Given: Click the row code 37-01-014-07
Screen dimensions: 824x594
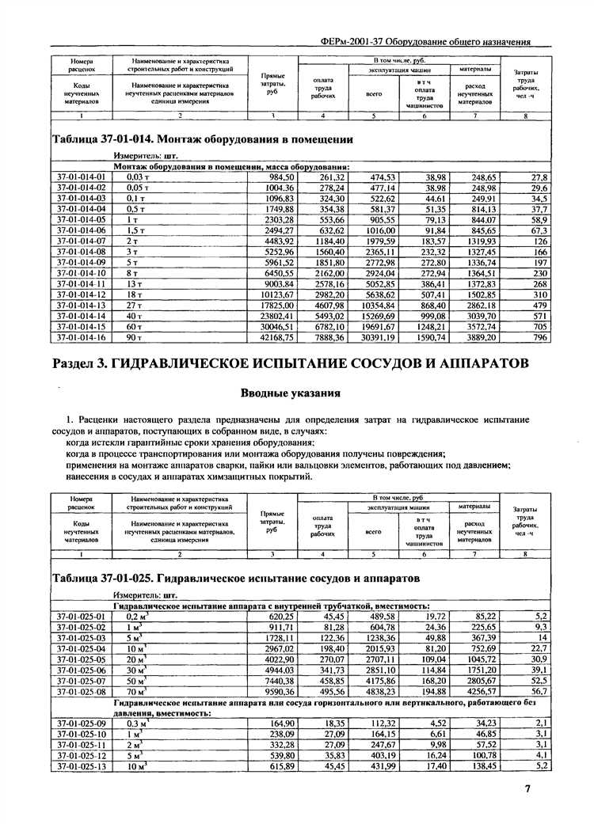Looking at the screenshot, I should point(82,241).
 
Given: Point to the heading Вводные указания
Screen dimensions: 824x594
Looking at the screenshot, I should point(290,393).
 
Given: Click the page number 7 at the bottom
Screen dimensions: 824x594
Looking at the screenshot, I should point(527,788).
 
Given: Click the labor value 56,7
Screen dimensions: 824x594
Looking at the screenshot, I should point(542,690).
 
